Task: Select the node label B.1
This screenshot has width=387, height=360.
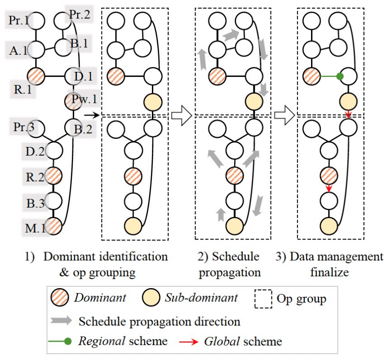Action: pyautogui.click(x=78, y=44)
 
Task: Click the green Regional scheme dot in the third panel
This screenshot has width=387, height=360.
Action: pyautogui.click(x=339, y=76)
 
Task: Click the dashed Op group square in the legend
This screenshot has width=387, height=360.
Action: pyautogui.click(x=264, y=299)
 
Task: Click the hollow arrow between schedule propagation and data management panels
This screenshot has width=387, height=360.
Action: pyautogui.click(x=283, y=116)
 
